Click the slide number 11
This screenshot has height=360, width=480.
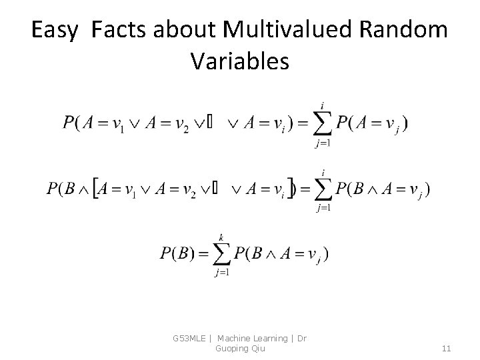click(x=447, y=348)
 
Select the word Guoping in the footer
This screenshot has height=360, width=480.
click(x=231, y=348)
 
